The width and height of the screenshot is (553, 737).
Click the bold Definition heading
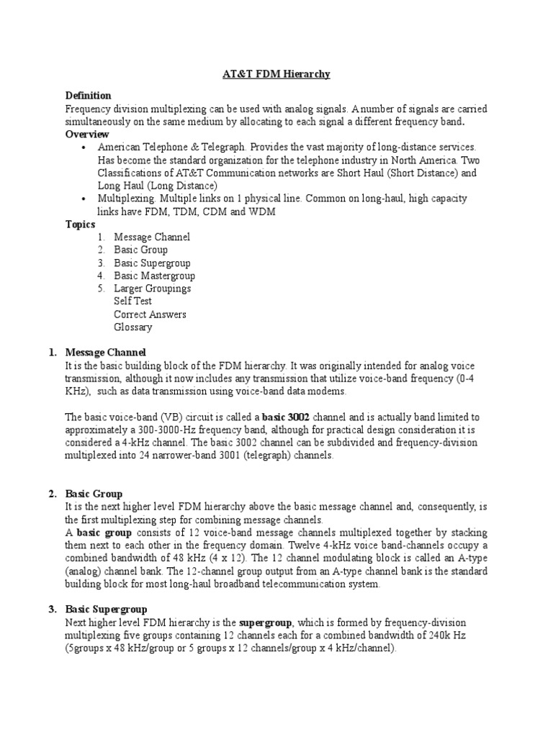tap(88, 96)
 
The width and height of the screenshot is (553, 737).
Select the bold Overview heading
tap(87, 135)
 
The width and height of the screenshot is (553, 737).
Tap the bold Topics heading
tap(80, 225)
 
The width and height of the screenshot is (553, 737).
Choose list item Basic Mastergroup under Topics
tap(154, 276)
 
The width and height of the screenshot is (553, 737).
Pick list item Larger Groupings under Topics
tap(152, 289)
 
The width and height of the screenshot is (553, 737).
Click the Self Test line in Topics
tap(132, 302)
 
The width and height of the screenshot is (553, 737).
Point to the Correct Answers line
tap(150, 315)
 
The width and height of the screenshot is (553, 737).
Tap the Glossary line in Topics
tap(133, 327)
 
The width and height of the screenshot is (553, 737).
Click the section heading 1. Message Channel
tap(105, 353)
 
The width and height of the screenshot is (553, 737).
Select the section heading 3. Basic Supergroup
tap(106, 609)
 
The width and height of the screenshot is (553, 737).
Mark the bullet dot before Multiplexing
tap(85, 199)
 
